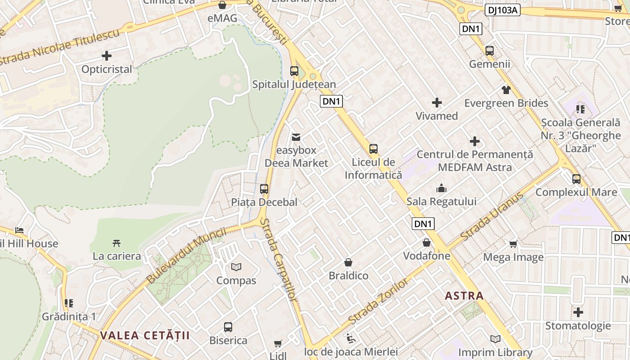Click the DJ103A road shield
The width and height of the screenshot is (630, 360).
[x=502, y=10]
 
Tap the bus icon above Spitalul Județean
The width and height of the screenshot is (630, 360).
[x=294, y=71]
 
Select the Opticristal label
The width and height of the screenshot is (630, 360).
[x=107, y=69]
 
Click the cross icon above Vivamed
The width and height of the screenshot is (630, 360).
[x=436, y=103]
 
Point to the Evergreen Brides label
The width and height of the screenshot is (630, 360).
[x=506, y=103]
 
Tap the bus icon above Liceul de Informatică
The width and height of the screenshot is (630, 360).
[x=373, y=148]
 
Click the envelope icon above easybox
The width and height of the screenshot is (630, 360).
[x=296, y=137]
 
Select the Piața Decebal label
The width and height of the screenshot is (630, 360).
[x=264, y=202]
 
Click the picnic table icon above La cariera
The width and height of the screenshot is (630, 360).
[x=117, y=243]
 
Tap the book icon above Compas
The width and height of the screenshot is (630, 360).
[x=236, y=267]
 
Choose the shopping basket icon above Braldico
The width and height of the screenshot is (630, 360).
[x=348, y=262]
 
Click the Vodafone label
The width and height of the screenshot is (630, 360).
[x=427, y=256]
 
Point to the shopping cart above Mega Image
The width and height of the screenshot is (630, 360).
[x=513, y=244]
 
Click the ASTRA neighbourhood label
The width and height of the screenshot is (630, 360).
[x=464, y=296]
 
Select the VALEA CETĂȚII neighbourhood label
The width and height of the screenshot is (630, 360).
[x=145, y=335]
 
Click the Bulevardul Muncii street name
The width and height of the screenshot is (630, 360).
[x=186, y=256]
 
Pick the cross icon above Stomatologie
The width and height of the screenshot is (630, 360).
[x=578, y=312]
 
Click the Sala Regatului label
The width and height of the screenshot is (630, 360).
[x=441, y=201]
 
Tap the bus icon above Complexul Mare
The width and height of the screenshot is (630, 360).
[x=576, y=179]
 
